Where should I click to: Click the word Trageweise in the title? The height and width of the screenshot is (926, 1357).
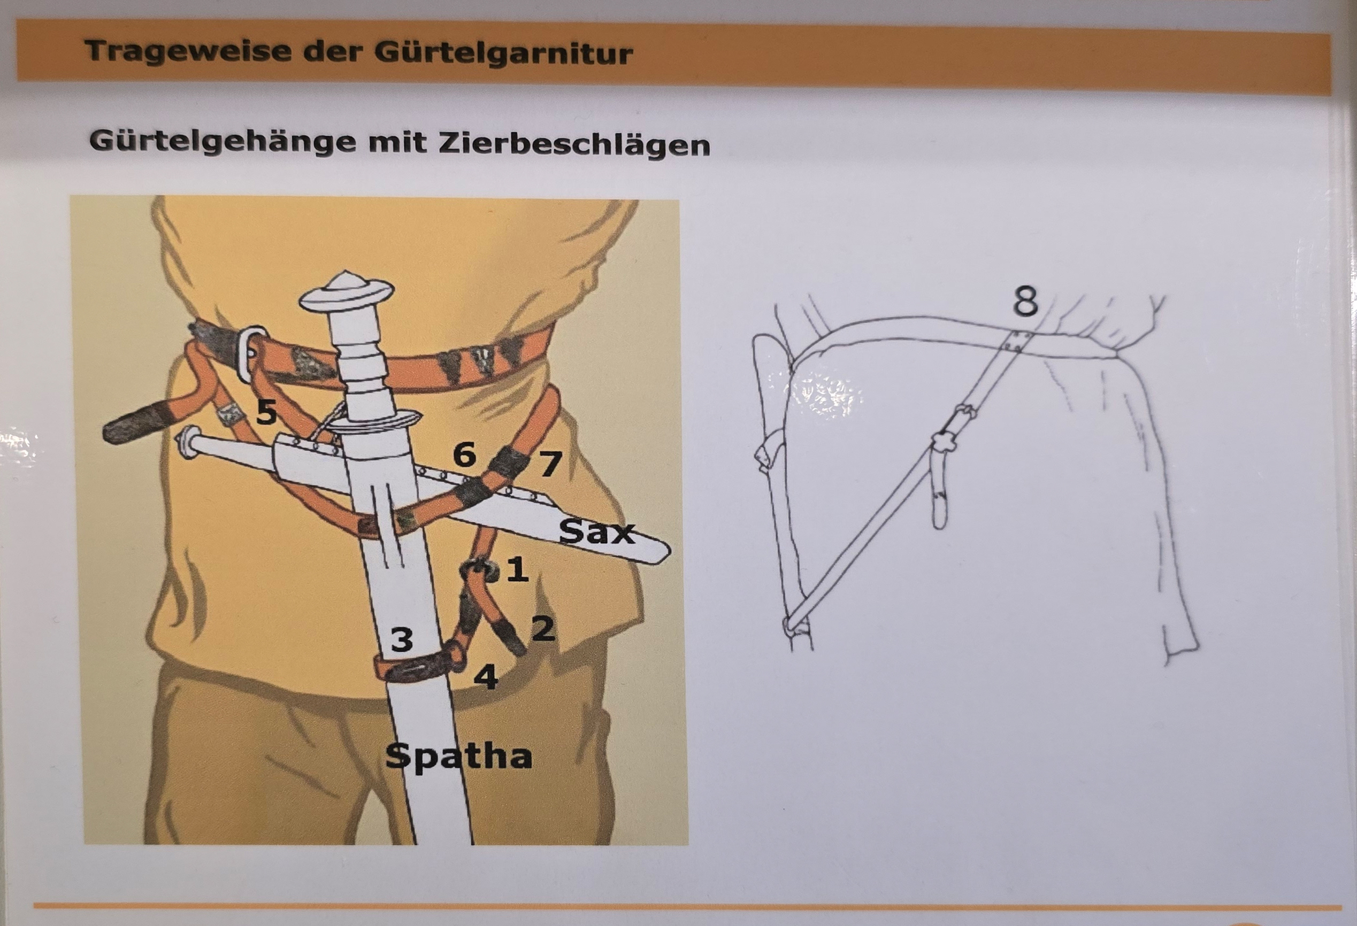pos(189,51)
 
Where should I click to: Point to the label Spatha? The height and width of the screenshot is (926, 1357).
pos(459,758)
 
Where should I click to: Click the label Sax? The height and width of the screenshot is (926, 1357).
pos(597,532)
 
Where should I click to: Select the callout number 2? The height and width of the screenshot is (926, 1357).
pos(542,628)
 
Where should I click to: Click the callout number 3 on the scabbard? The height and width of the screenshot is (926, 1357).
pos(402,639)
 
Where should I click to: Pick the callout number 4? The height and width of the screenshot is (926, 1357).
pos(486,677)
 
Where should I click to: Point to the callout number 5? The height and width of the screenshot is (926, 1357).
pos(267,412)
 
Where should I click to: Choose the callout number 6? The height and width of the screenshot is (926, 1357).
pos(464,454)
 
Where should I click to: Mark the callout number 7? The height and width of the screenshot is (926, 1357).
pos(549,464)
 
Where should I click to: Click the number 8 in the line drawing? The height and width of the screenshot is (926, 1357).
pos(1026,302)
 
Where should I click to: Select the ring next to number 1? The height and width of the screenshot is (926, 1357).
pos(478,571)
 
